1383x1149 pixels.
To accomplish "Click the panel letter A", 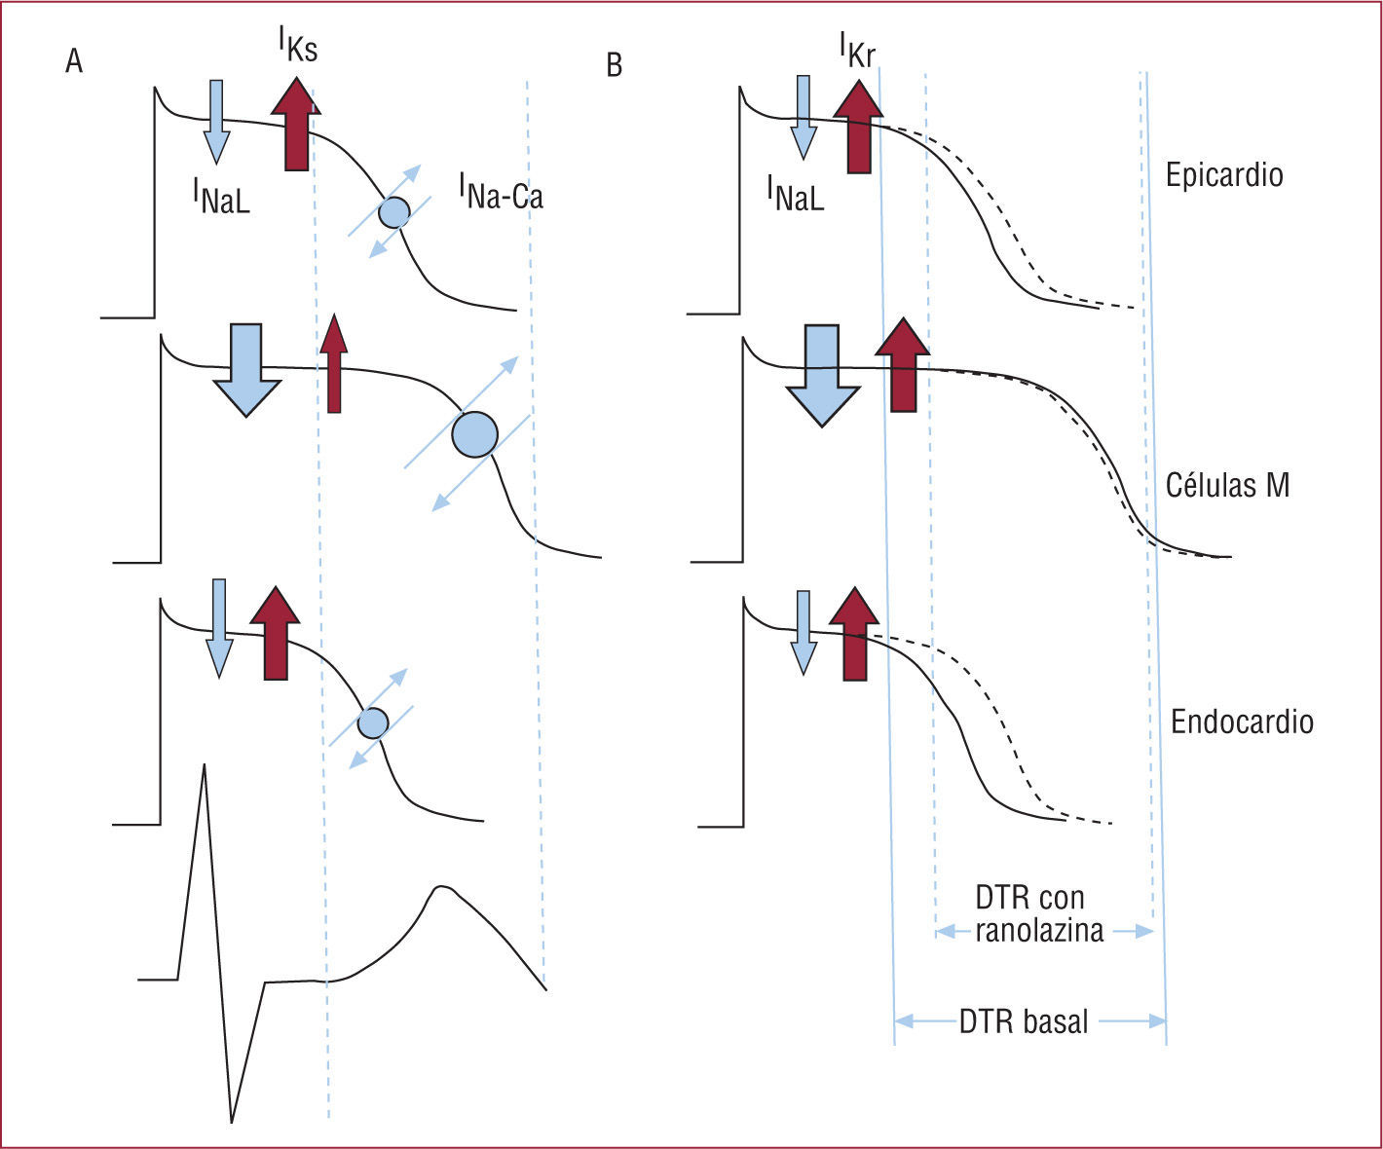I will pyautogui.click(x=74, y=62).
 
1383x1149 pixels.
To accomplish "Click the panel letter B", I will pyautogui.click(x=614, y=65).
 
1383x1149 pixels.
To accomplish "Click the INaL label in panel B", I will pyautogui.click(x=795, y=192).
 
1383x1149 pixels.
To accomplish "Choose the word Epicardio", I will pyautogui.click(x=1223, y=175).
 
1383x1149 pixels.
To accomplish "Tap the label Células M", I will pyautogui.click(x=1227, y=485).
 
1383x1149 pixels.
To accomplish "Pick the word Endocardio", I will pyautogui.click(x=1241, y=723).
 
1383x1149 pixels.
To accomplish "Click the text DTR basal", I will pyautogui.click(x=1024, y=1022).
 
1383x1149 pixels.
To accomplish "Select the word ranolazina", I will pyautogui.click(x=1039, y=931).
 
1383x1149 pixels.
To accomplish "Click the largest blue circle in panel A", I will pyautogui.click(x=474, y=434).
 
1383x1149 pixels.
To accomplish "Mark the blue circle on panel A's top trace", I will pyautogui.click(x=393, y=211).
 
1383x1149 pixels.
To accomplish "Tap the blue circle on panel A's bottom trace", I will pyautogui.click(x=372, y=723).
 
